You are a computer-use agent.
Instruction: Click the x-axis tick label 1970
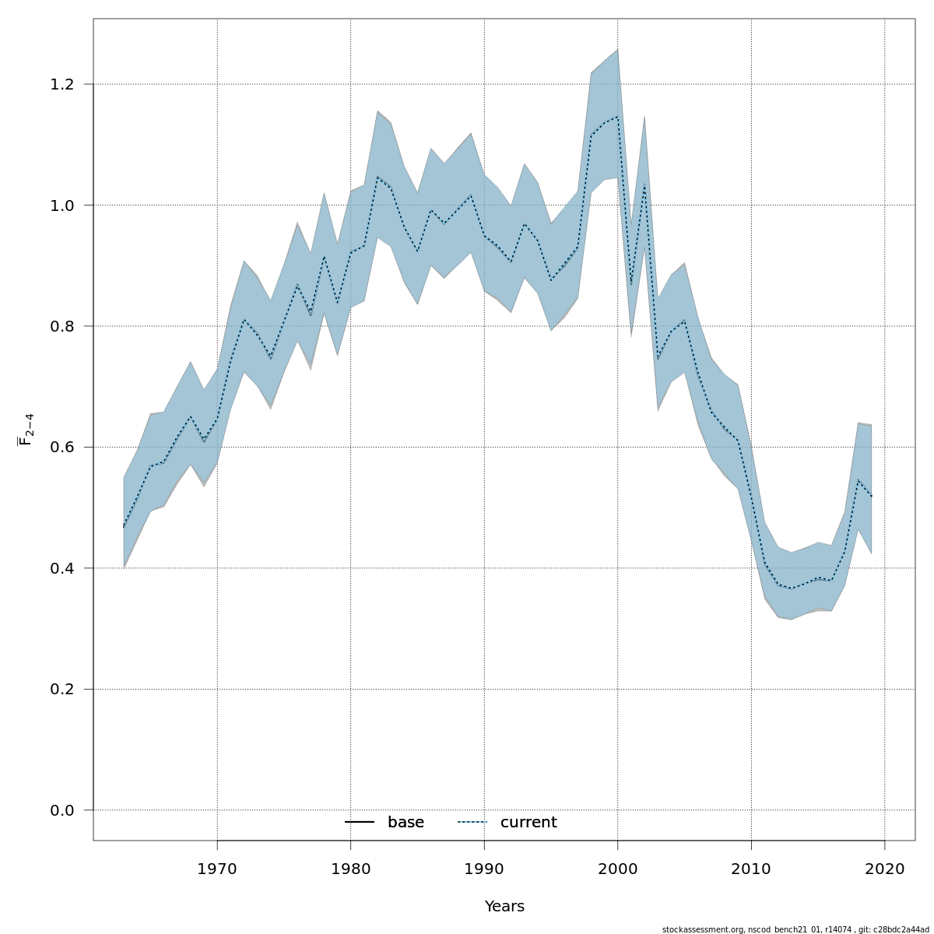coord(217,868)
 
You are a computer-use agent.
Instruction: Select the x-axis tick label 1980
coord(350,868)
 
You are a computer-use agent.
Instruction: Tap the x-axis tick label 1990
coord(484,868)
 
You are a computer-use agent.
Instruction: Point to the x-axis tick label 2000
coord(618,868)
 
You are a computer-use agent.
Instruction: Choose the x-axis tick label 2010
coord(751,868)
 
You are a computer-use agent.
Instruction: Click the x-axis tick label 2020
coord(885,868)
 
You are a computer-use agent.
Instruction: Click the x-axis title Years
coord(504,907)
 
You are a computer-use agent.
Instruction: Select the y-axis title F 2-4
coord(26,430)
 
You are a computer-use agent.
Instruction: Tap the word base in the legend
coord(406,823)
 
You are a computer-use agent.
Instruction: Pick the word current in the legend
coord(528,823)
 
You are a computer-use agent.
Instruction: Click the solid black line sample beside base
coord(360,823)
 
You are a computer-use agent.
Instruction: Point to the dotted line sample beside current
coord(472,823)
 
